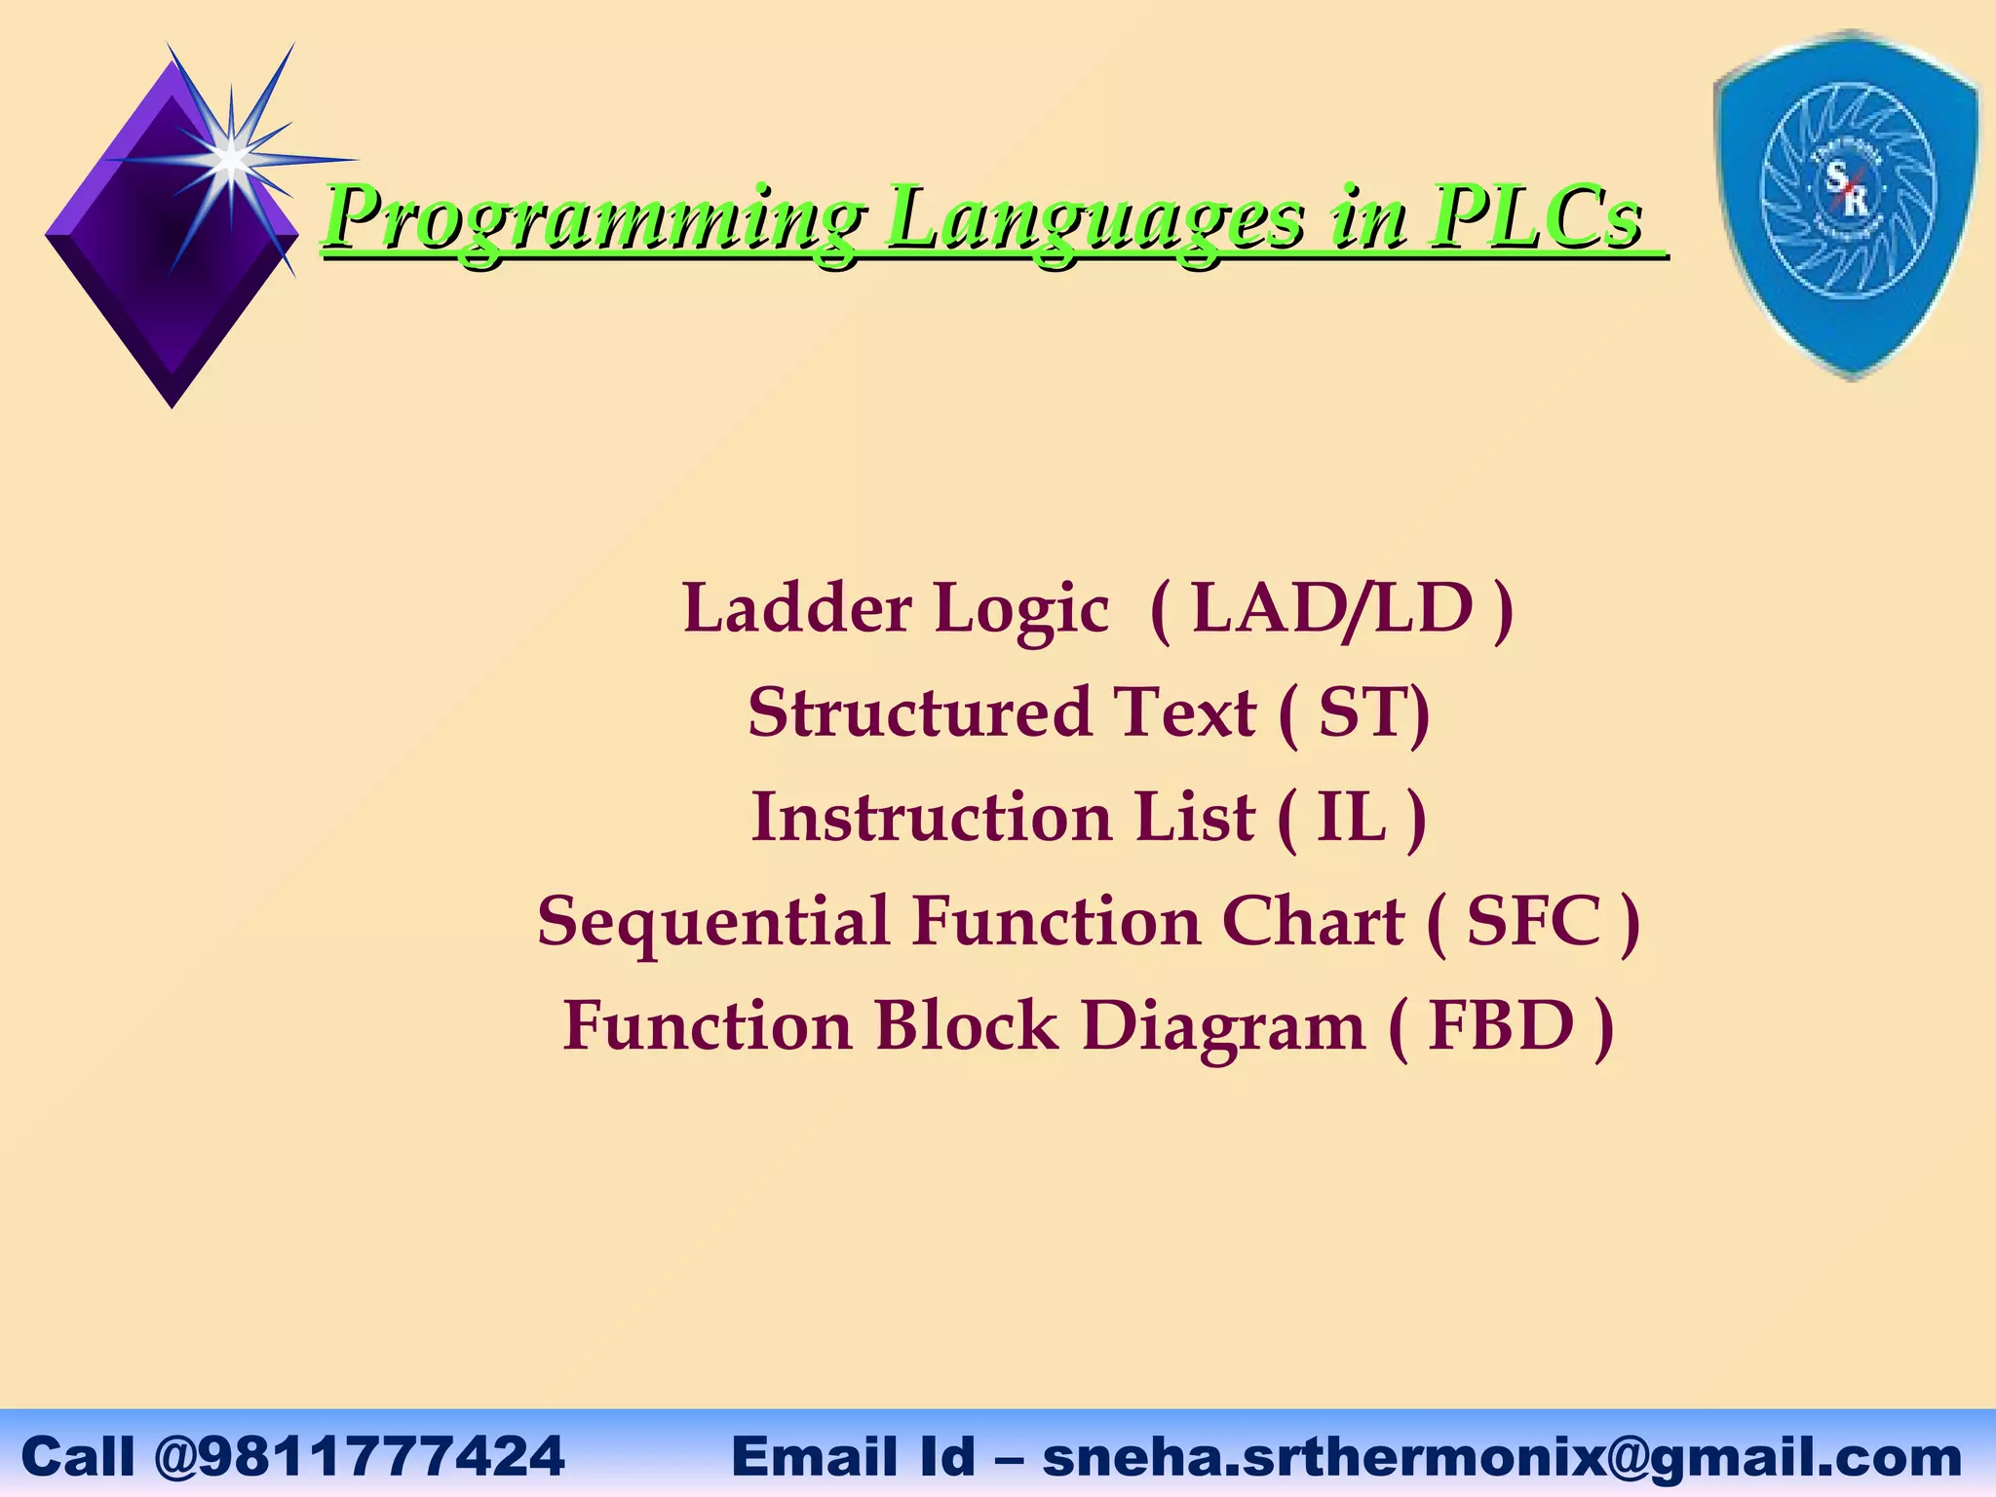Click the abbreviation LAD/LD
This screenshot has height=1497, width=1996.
pyautogui.click(x=1332, y=609)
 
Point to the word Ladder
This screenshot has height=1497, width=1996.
pyautogui.click(x=796, y=609)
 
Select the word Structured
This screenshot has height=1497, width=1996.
pyautogui.click(x=919, y=712)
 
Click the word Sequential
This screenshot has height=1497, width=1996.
pyautogui.click(x=712, y=922)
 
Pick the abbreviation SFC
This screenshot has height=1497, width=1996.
pyautogui.click(x=1533, y=922)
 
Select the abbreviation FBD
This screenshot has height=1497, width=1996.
pyautogui.click(x=1501, y=1026)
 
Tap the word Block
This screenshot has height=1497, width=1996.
pyautogui.click(x=966, y=1026)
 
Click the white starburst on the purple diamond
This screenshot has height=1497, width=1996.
pyautogui.click(x=230, y=159)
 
